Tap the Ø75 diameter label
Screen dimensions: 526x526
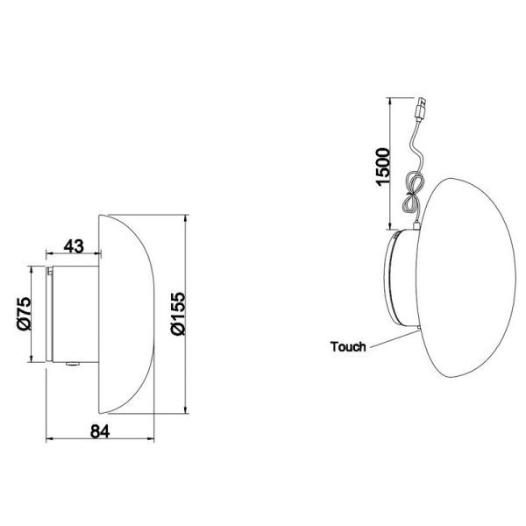(25, 313)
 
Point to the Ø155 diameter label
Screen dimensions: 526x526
(176, 313)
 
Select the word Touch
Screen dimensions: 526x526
(348, 346)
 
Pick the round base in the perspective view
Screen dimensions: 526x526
(400, 281)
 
